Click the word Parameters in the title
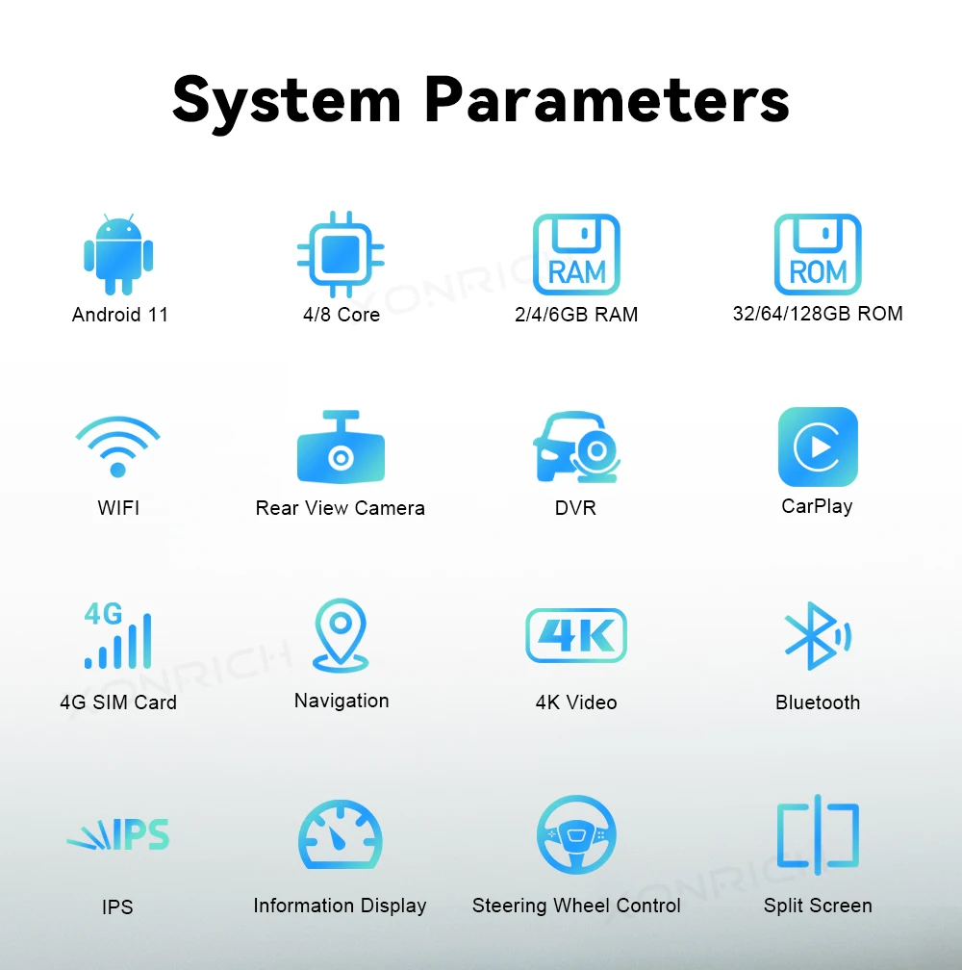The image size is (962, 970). click(x=606, y=100)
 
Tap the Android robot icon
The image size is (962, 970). click(x=118, y=254)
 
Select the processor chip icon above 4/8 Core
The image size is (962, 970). click(x=341, y=254)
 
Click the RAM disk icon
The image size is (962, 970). click(x=576, y=254)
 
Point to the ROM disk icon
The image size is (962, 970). click(x=818, y=254)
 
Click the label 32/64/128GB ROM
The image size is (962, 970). click(x=818, y=313)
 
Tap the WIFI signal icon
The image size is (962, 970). click(x=117, y=446)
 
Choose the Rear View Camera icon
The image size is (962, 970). click(x=341, y=447)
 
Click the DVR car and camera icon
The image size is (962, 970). click(x=575, y=447)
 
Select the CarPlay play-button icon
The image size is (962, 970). click(x=818, y=447)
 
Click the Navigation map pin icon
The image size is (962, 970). click(x=341, y=635)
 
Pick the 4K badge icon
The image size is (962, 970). click(x=576, y=635)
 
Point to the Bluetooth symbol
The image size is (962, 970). click(x=817, y=636)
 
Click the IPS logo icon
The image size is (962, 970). click(x=118, y=835)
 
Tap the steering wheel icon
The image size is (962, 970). click(x=576, y=835)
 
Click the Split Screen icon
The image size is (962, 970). click(x=818, y=835)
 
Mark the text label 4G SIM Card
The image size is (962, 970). click(x=118, y=702)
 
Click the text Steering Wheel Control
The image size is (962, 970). click(x=576, y=906)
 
